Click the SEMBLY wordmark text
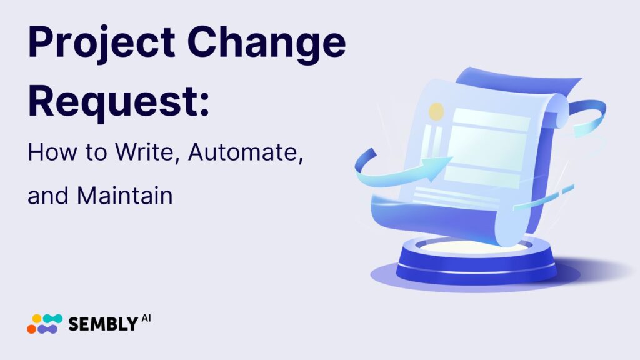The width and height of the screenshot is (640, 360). (x=102, y=324)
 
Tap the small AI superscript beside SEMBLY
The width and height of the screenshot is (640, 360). (x=146, y=319)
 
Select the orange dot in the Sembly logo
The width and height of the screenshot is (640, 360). (x=32, y=328)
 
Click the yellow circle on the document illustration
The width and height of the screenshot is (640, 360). (x=436, y=112)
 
